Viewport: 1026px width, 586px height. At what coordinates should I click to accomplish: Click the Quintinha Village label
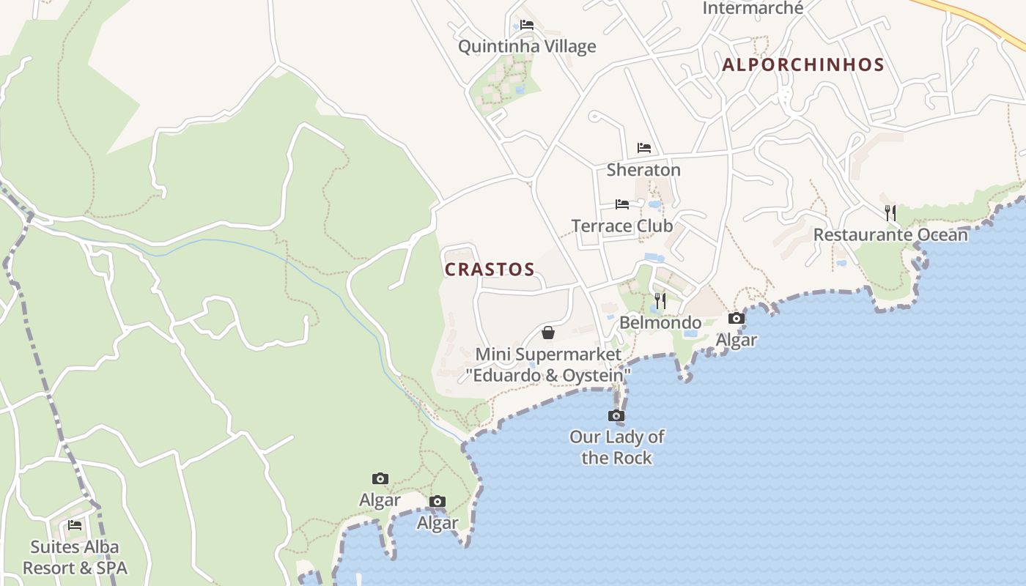click(527, 47)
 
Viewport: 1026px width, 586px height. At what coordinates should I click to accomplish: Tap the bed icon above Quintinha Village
click(527, 25)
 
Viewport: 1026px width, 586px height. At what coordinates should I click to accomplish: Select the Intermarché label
click(753, 8)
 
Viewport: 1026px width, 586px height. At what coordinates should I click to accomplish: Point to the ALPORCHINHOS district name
click(803, 64)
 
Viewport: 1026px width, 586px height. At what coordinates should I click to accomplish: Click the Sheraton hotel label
click(643, 170)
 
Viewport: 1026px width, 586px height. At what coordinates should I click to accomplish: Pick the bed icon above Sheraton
click(644, 148)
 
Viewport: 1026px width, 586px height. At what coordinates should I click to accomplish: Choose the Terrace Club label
click(622, 226)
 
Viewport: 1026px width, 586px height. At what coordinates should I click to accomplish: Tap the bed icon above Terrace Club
click(622, 204)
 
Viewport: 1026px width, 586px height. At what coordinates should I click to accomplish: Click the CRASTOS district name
click(490, 270)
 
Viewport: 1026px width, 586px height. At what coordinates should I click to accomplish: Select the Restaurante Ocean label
click(890, 235)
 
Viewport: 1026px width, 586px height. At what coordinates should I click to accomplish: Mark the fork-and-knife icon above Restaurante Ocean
click(890, 213)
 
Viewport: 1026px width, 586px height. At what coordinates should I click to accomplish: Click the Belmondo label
click(660, 323)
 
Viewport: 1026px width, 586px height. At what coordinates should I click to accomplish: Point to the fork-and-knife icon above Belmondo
click(660, 301)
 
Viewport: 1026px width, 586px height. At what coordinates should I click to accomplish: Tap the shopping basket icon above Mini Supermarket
click(548, 333)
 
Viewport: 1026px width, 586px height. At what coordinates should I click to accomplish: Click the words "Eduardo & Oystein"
click(548, 376)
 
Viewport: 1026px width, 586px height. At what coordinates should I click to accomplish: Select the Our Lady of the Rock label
click(617, 448)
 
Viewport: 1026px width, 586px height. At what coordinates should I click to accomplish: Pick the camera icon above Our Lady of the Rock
click(616, 416)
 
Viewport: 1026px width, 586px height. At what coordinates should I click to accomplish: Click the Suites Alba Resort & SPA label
click(75, 557)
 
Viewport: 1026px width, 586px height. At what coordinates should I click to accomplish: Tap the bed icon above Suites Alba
click(75, 525)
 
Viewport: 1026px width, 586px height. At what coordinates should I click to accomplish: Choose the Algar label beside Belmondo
click(736, 340)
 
